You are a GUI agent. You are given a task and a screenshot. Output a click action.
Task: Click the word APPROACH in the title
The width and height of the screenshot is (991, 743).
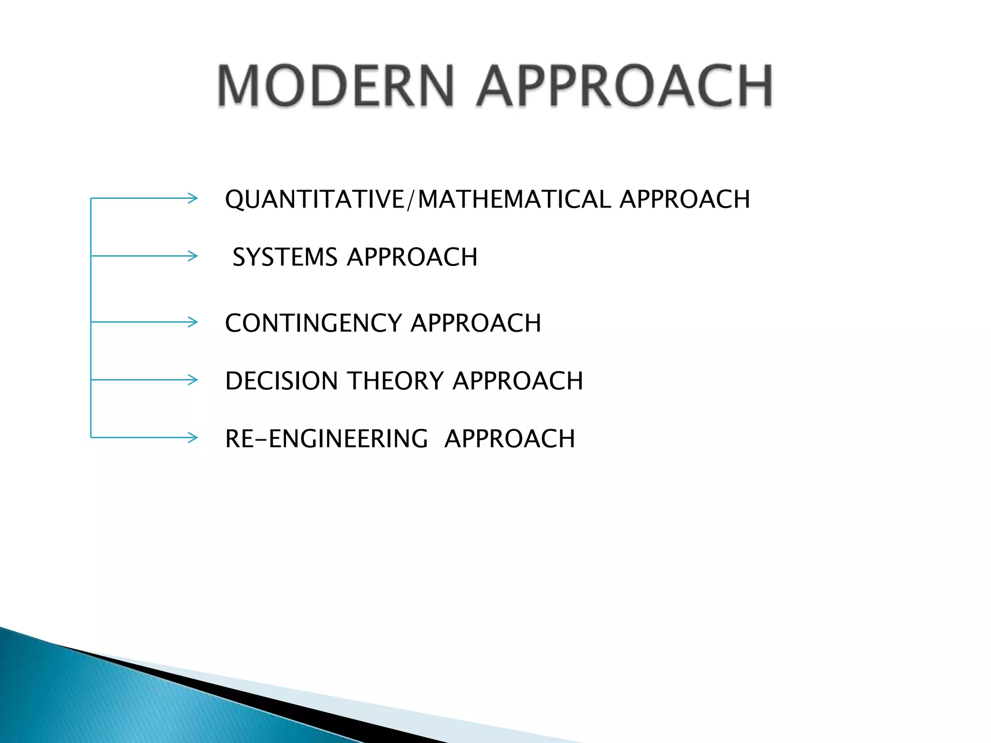coord(624,86)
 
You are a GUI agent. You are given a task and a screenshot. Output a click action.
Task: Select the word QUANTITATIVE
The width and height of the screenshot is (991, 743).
coord(315,199)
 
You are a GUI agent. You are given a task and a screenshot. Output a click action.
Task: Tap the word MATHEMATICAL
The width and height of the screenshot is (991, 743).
coord(514,199)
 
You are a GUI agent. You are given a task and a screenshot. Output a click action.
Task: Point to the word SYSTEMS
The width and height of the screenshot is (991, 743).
coord(285,257)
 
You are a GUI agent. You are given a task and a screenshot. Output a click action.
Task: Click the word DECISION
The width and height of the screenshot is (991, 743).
coord(281,381)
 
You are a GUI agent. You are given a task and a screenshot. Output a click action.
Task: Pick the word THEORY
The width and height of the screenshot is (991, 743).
coord(395,381)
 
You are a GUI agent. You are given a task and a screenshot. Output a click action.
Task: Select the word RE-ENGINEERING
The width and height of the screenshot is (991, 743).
coord(327,439)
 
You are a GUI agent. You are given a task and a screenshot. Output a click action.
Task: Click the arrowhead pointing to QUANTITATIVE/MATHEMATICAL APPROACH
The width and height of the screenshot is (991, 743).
coord(193,198)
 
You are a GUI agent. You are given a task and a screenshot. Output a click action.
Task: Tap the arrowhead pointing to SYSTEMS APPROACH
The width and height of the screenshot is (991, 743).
coord(193,255)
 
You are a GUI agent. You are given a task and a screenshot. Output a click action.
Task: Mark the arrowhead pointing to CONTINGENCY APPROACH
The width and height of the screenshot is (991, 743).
coord(193,322)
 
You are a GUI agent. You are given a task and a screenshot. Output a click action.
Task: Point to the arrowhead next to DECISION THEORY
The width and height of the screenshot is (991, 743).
coord(193,380)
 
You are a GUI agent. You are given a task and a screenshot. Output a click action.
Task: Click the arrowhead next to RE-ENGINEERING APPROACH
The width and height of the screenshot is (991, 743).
coord(193,438)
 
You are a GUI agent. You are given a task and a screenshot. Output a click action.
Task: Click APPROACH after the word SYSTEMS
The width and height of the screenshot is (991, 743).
coord(412,257)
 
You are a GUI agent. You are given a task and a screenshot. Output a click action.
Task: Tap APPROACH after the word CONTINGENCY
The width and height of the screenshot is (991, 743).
coord(476,323)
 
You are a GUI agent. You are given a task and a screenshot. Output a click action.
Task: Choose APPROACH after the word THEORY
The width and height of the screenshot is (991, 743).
coord(518,381)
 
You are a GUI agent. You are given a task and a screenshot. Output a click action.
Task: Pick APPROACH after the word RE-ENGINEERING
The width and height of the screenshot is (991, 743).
coord(510,439)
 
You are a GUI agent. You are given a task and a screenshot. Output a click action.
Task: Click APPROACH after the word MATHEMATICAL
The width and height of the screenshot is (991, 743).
coord(685,199)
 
